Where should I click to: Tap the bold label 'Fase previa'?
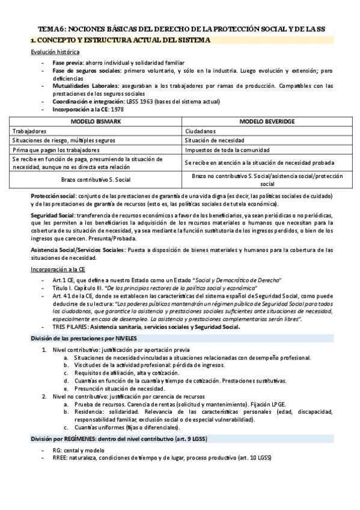tap(67, 63)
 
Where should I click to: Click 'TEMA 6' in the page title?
tap(49, 28)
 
